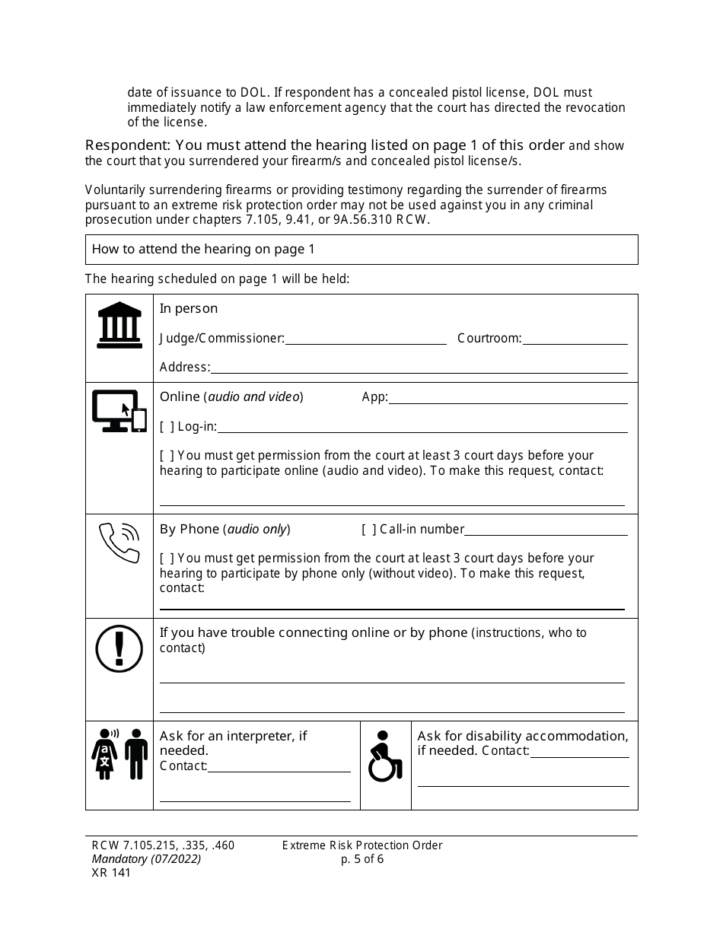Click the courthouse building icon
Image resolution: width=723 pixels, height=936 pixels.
tap(119, 326)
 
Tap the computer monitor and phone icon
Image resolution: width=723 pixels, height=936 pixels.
tap(119, 411)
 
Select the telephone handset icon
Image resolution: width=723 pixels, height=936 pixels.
tap(119, 543)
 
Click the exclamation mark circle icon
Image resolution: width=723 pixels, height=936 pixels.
tap(119, 648)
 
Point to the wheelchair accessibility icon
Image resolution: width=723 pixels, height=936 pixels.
tap(385, 756)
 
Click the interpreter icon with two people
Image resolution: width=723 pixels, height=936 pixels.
tap(119, 754)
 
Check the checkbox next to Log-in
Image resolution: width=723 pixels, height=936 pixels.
tap(167, 427)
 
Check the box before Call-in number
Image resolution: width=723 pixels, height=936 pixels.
tap(369, 530)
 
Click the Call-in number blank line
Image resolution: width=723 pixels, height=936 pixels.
tap(546, 531)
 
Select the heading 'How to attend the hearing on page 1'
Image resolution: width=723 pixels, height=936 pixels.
tap(203, 249)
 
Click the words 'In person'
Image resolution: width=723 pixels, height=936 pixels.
tap(188, 308)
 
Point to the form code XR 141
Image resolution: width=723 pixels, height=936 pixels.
tap(111, 873)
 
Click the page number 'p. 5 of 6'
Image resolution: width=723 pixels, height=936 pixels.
tap(363, 859)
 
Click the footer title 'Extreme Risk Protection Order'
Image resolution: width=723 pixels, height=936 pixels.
tap(362, 845)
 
